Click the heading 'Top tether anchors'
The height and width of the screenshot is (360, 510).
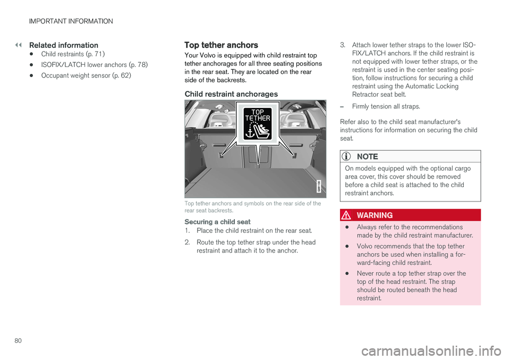(x=221, y=45)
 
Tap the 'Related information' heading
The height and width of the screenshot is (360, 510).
(x=64, y=45)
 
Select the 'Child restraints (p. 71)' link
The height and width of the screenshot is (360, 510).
(x=73, y=54)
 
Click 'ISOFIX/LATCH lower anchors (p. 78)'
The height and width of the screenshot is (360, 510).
(x=95, y=65)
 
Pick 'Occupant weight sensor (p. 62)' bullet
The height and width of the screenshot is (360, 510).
(x=86, y=76)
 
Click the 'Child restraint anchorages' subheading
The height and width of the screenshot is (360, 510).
(x=231, y=94)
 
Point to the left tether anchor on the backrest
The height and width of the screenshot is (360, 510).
(x=221, y=155)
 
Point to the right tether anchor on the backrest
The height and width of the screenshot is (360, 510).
(x=294, y=155)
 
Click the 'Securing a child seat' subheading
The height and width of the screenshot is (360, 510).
(x=217, y=222)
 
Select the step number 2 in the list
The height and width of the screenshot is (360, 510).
(x=187, y=242)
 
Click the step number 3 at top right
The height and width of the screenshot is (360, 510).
(x=343, y=45)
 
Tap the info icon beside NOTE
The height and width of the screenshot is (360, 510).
(x=346, y=156)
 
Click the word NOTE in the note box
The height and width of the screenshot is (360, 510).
(x=367, y=156)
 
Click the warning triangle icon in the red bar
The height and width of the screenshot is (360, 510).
(x=346, y=215)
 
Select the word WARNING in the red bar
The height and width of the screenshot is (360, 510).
(x=375, y=215)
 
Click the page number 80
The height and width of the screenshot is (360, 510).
(x=18, y=341)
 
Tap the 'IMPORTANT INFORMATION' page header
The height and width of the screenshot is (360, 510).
(x=71, y=21)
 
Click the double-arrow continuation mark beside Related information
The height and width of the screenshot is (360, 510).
(x=18, y=45)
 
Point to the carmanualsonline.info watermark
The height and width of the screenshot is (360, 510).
(x=431, y=351)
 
